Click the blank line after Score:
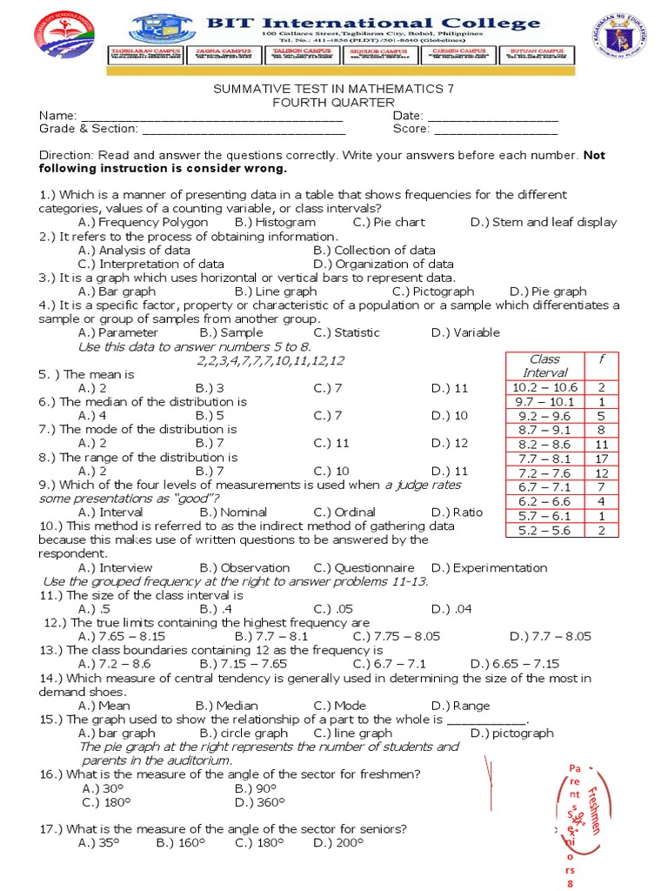[x=495, y=130]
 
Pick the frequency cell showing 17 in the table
[x=601, y=459]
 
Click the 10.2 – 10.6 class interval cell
[x=545, y=386]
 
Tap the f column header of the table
[x=601, y=358]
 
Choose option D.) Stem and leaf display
[x=543, y=222]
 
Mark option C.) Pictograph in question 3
[x=432, y=291]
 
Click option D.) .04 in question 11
[x=451, y=609]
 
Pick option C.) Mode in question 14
[x=340, y=706]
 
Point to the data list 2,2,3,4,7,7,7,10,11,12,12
[x=271, y=360]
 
